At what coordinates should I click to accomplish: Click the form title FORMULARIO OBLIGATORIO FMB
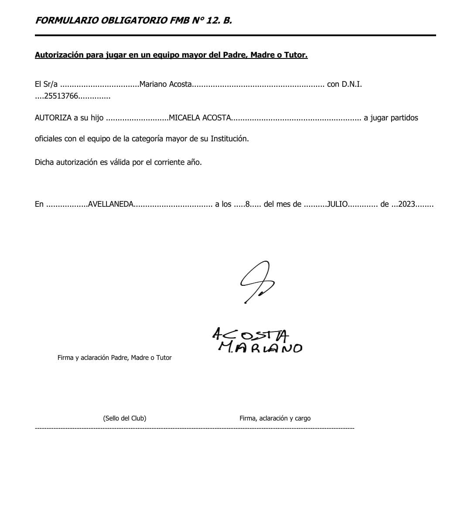coord(133,21)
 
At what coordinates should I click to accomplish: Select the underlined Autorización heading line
coord(171,55)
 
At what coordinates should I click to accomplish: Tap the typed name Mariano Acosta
coord(166,84)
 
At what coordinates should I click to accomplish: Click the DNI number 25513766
coord(61,96)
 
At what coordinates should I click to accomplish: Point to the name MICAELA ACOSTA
coord(199,118)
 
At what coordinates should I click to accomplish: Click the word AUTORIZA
coord(53,118)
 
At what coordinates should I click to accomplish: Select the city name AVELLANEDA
coord(110,204)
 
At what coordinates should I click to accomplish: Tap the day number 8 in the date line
coord(248,204)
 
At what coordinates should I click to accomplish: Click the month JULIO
coord(338,204)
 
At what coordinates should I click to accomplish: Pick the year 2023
coord(406,204)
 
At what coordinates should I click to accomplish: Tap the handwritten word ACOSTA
coord(250,335)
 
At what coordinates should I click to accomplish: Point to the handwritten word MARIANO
coord(260,347)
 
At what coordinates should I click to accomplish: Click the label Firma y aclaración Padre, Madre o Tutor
coord(114,358)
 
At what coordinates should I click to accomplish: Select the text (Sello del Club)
coord(124,418)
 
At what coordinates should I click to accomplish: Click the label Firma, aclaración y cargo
coord(275,418)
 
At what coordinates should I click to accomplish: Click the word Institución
coord(229,139)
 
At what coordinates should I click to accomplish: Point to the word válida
coord(119,162)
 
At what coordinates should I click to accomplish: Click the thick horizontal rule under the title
coord(235,35)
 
